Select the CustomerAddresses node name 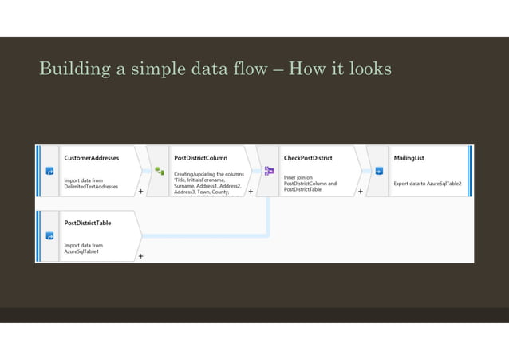[x=91, y=158]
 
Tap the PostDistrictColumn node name [x=200, y=158]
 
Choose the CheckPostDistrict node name [x=308, y=158]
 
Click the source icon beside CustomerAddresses [x=49, y=171]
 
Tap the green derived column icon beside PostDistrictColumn [x=159, y=171]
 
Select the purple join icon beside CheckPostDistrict [x=269, y=171]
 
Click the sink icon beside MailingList [x=379, y=171]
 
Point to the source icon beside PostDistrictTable [x=49, y=236]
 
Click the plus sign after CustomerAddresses [x=141, y=192]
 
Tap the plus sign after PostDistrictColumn [x=251, y=192]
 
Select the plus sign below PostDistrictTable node [x=141, y=256]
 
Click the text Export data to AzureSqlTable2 [x=427, y=183]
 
